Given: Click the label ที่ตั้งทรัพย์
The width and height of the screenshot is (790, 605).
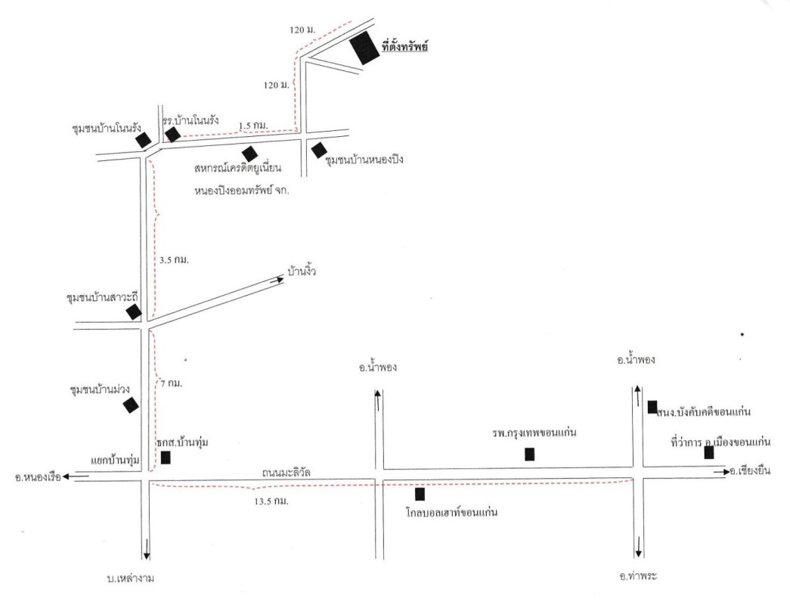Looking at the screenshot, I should point(406,48).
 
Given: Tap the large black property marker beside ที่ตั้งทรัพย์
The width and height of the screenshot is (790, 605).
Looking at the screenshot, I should point(364,48).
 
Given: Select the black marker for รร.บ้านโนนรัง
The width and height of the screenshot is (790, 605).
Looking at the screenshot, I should point(173,135).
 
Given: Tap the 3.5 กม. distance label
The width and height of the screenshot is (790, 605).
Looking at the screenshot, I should point(174,260).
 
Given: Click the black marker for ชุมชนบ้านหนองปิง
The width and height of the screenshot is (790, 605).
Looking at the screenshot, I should point(318,150).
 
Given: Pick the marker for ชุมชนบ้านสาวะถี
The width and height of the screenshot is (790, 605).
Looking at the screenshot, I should point(134,312).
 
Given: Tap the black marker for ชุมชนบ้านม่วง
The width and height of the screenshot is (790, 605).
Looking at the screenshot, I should point(131,405).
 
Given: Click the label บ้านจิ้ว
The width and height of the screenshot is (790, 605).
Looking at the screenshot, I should point(301,270).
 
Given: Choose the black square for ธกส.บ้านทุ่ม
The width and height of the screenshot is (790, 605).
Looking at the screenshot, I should point(166,458).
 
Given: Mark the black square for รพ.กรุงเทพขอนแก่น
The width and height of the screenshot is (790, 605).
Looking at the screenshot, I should point(530,455).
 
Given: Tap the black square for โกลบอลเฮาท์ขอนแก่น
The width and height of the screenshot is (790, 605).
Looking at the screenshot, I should point(420,495).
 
